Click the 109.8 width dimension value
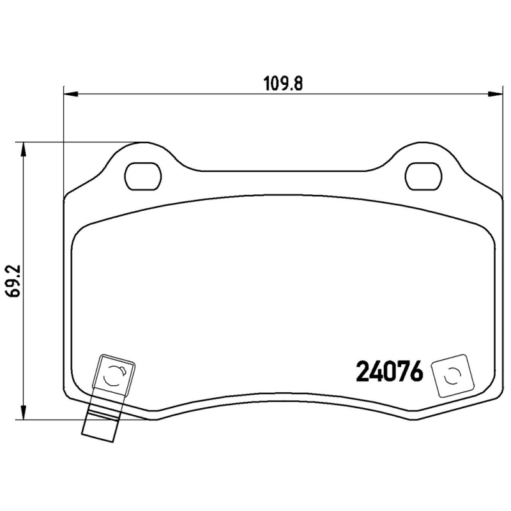[x=283, y=84]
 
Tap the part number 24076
[x=390, y=371]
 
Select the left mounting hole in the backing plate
[x=143, y=176]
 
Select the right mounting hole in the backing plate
[x=423, y=176]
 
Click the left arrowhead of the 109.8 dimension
[x=71, y=95]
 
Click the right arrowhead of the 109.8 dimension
[x=494, y=95]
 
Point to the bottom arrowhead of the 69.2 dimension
[x=23, y=412]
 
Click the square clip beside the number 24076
[x=453, y=376]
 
